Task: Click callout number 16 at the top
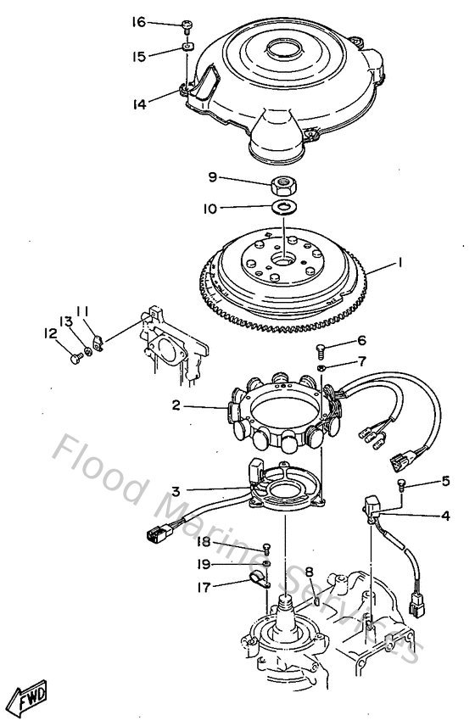[138, 22]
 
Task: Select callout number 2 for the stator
[176, 406]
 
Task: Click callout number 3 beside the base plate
[176, 489]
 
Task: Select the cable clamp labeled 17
[258, 581]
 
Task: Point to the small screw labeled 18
[266, 547]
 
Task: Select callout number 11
[84, 311]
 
